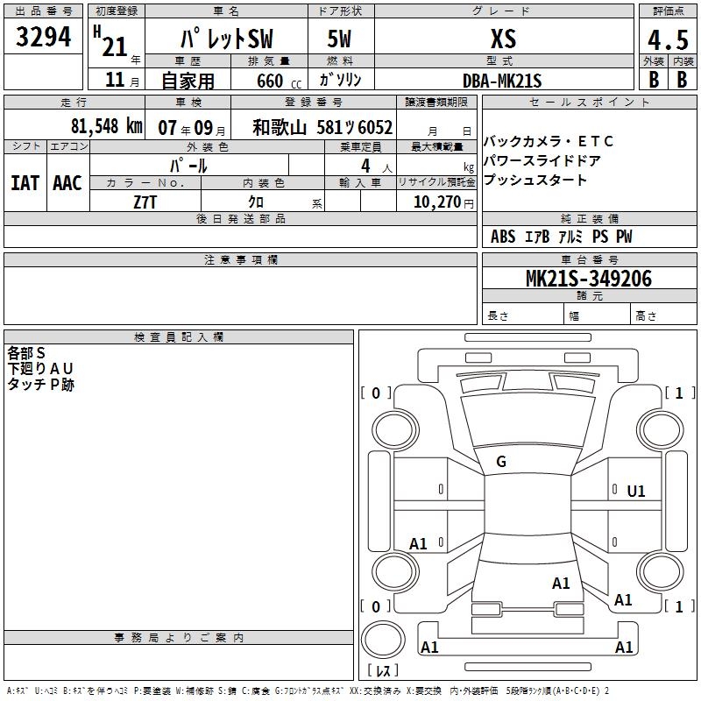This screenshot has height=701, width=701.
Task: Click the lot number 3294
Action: pos(43,37)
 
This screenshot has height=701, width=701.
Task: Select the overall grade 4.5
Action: pos(668,39)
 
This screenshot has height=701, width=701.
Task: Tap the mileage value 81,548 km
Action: pos(106,126)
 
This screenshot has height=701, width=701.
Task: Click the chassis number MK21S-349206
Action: pos(589,279)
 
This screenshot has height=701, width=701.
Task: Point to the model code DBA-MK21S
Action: pos(502,81)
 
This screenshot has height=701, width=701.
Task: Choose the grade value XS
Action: pos(503,39)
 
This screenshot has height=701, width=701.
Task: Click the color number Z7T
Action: pos(145,202)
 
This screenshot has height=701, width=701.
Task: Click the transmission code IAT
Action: pos(25,183)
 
